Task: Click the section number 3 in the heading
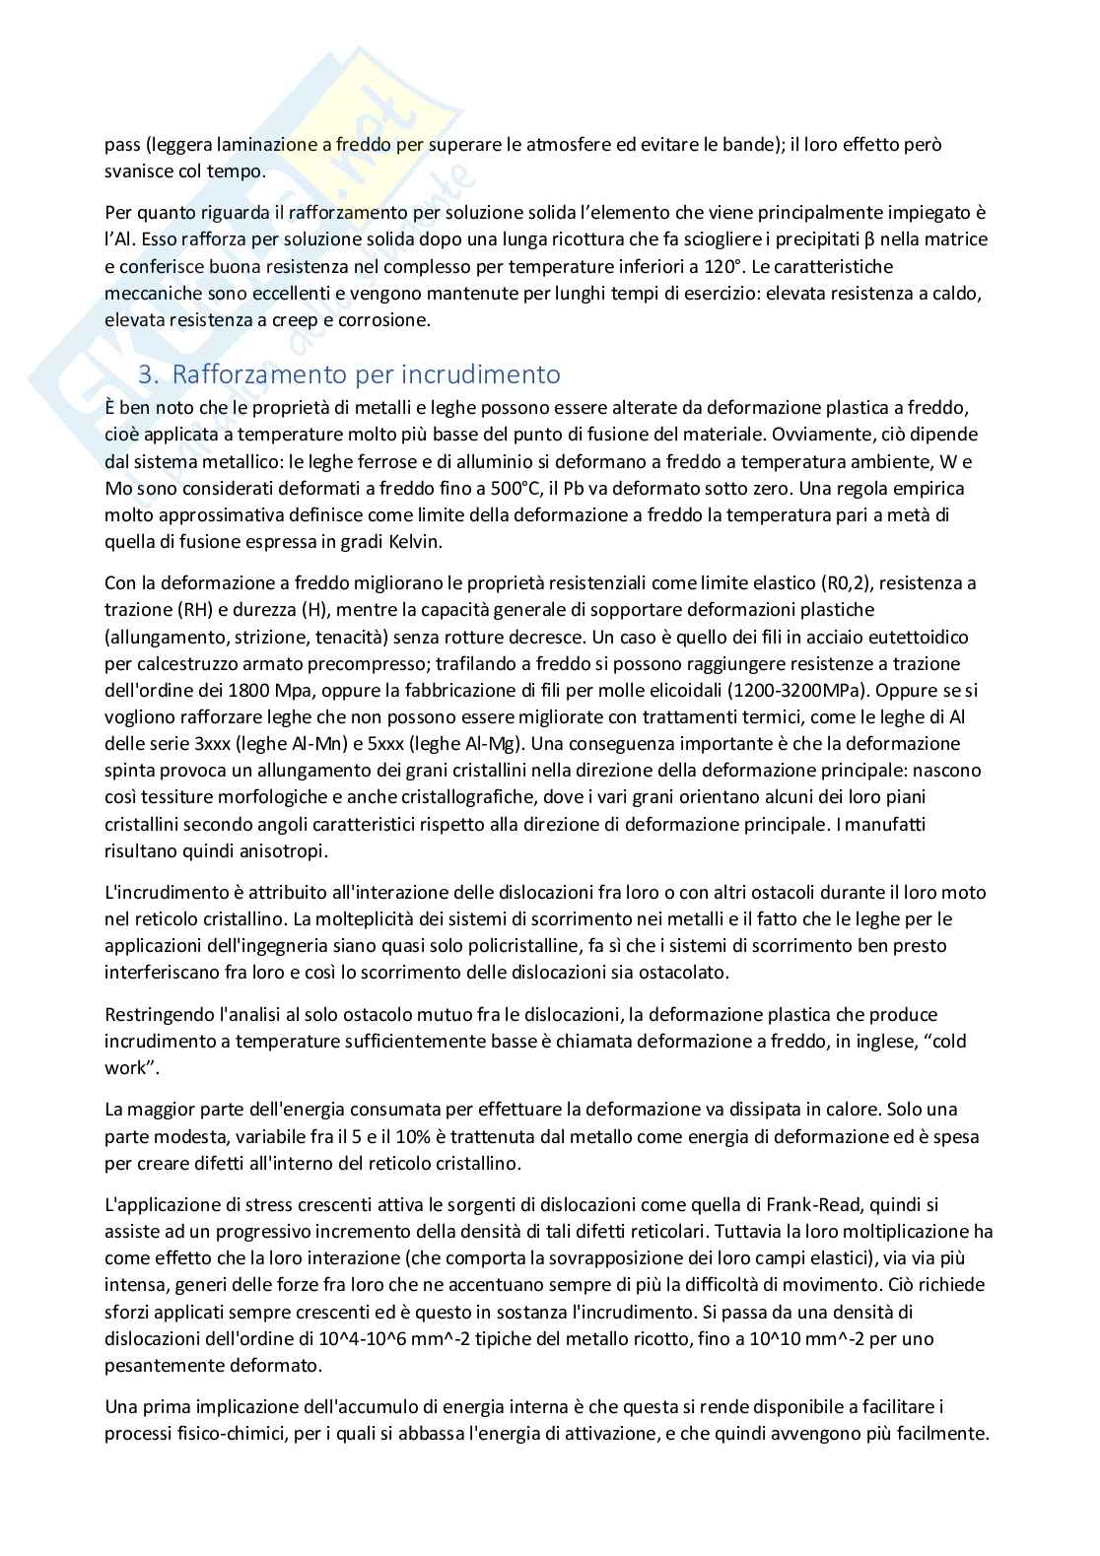point(146,374)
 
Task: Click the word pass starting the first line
point(122,145)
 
